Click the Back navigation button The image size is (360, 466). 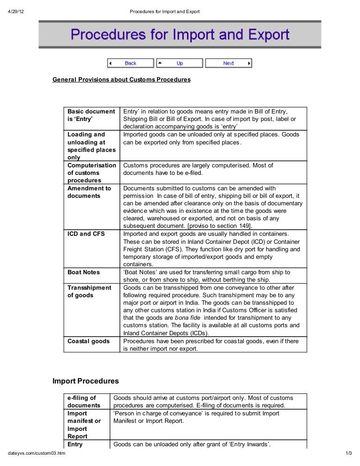(x=130, y=63)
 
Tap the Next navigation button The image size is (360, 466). (x=228, y=63)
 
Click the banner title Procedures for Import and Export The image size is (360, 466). (x=180, y=34)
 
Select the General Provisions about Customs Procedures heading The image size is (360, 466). (x=121, y=80)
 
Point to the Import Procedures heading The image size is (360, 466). (x=85, y=381)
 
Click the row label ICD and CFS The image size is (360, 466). (x=86, y=234)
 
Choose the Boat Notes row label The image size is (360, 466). (x=83, y=272)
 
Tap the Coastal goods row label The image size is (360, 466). (x=89, y=341)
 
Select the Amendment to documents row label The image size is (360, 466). (x=89, y=192)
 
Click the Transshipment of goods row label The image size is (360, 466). (x=89, y=292)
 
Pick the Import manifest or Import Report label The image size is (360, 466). (x=84, y=425)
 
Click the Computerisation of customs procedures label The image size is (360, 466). (x=91, y=173)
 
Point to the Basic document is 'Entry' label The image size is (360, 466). (x=91, y=115)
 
